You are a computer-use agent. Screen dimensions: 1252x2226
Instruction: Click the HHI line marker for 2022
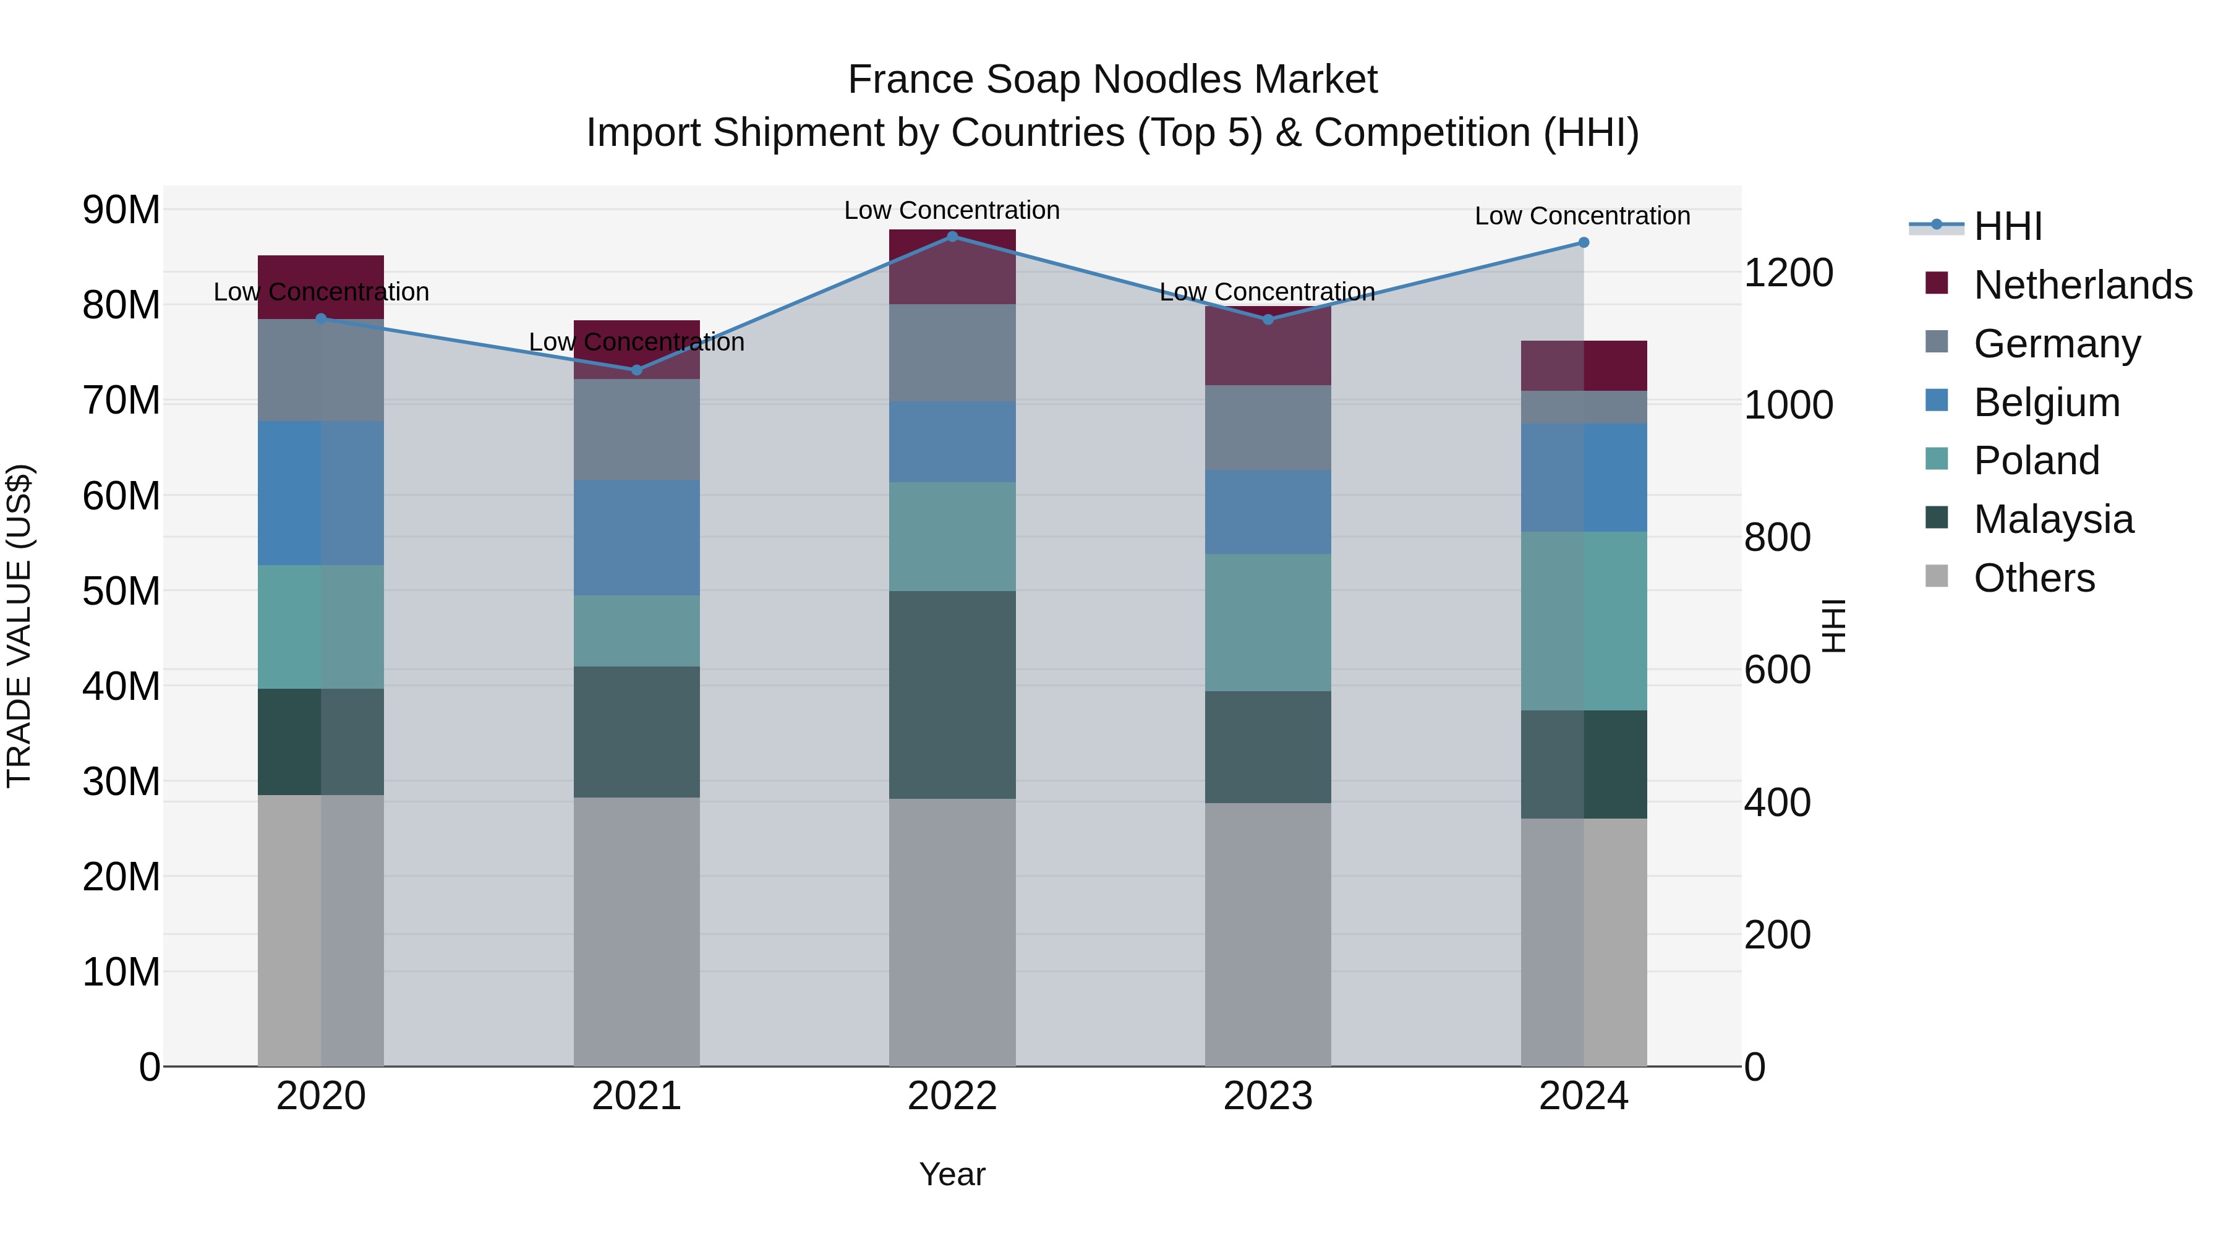click(952, 236)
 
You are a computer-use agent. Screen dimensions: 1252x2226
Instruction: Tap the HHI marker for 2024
click(1583, 243)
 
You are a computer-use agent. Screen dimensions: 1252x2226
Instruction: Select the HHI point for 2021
click(637, 370)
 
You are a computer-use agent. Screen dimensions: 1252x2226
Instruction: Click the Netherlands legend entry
click(2083, 285)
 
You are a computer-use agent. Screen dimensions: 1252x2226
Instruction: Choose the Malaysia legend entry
click(2053, 519)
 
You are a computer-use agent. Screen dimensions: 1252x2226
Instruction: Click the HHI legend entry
click(2007, 226)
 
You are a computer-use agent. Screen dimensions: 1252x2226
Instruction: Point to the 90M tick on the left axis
click(121, 210)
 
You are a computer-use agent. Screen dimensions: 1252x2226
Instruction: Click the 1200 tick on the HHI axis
click(1788, 273)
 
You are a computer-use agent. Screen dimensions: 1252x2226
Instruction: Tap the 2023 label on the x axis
click(1268, 1096)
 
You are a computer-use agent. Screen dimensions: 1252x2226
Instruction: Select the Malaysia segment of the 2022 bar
click(952, 695)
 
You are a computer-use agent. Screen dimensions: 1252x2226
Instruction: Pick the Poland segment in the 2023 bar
click(1268, 622)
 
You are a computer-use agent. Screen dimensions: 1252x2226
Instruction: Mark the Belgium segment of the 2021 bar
click(637, 537)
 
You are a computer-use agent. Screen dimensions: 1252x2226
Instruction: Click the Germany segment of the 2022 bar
click(952, 352)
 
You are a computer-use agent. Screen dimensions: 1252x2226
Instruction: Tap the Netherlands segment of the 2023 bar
click(1268, 346)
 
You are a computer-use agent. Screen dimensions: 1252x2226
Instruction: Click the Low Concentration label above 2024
click(1582, 216)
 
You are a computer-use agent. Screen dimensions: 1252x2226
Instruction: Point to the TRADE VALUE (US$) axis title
click(20, 626)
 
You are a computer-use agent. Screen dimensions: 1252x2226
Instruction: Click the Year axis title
click(952, 1174)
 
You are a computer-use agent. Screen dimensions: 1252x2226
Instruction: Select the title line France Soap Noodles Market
click(1112, 80)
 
